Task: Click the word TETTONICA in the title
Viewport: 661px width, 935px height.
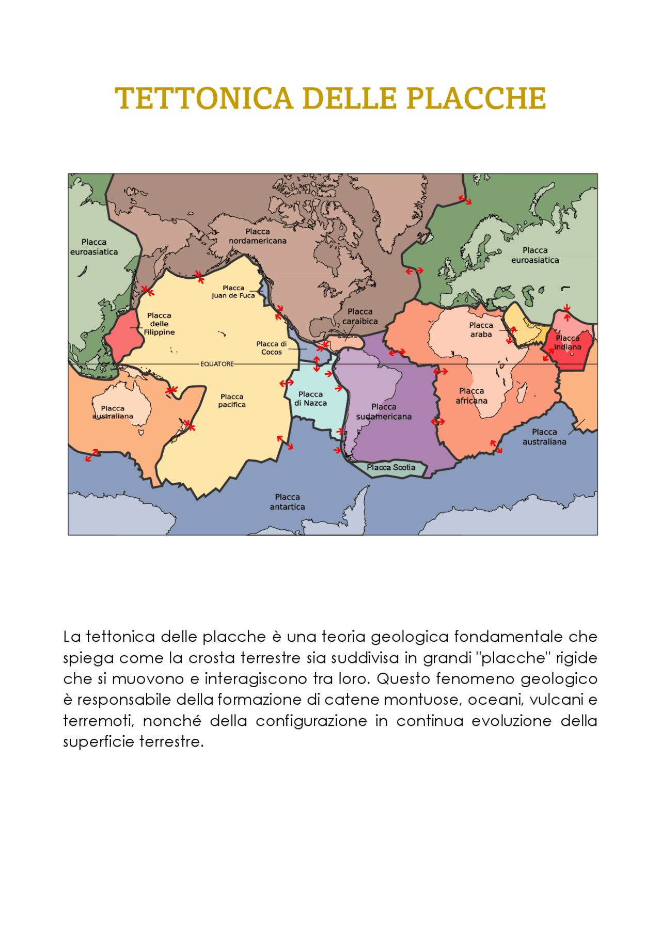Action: tap(203, 99)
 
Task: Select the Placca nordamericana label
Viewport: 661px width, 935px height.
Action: tap(258, 236)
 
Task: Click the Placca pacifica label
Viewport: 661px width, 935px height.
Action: tap(232, 401)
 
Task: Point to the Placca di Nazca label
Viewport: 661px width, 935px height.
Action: tap(310, 399)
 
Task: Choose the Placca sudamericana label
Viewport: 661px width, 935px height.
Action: tap(384, 412)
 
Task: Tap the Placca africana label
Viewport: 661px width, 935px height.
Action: tap(471, 396)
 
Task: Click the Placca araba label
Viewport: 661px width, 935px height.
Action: tap(481, 330)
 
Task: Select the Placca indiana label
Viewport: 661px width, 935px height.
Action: tap(568, 343)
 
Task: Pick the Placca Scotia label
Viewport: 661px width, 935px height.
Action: tap(391, 468)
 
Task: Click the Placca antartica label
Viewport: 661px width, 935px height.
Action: tap(287, 502)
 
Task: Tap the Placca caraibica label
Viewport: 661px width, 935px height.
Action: tap(360, 316)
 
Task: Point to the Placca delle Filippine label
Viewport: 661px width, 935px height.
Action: tap(159, 324)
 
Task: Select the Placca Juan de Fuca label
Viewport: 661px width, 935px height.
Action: tap(233, 292)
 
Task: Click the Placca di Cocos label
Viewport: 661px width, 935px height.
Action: tap(272, 348)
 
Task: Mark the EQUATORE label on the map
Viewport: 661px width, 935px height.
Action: tap(217, 364)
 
